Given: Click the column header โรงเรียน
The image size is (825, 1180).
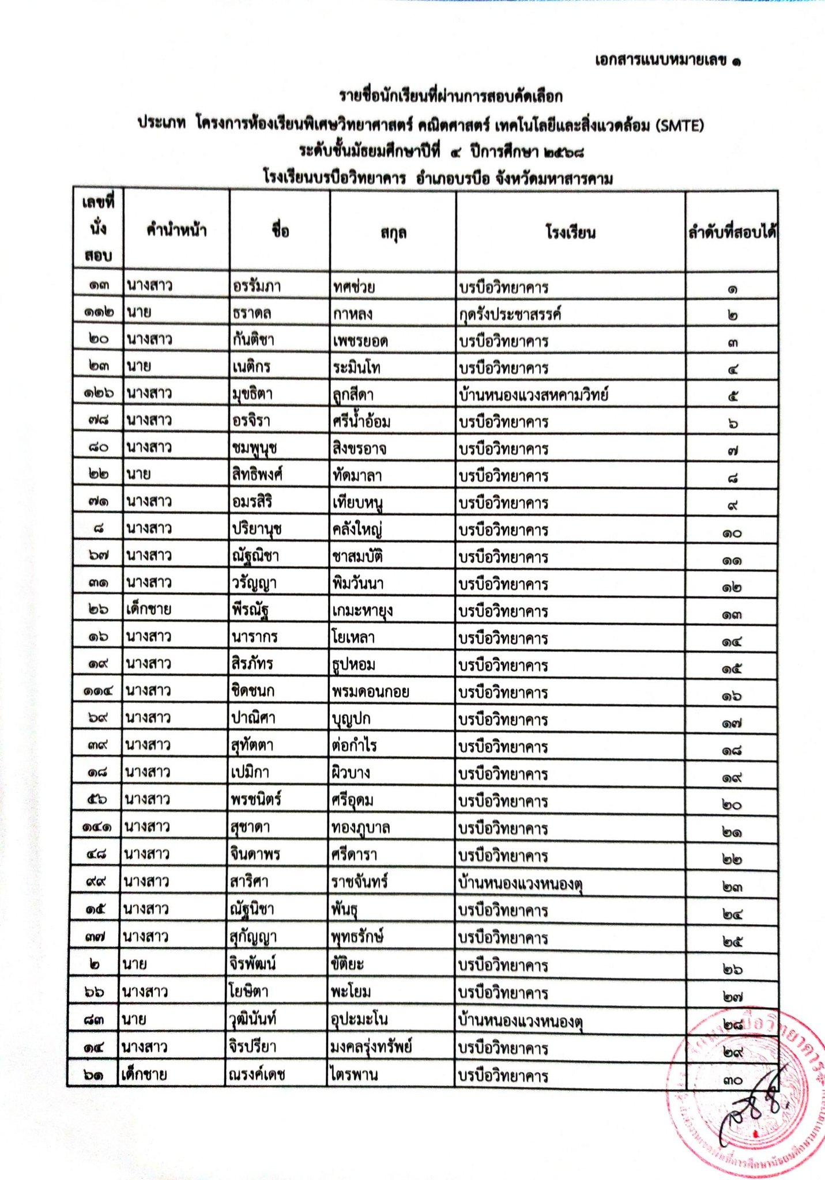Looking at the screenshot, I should click(570, 233).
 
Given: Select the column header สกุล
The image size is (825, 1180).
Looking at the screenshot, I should click(393, 233).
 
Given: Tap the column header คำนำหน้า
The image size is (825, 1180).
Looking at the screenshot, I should click(176, 231).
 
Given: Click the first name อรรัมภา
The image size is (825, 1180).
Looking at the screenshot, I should click(257, 286).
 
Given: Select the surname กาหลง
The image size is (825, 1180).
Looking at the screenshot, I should click(353, 313).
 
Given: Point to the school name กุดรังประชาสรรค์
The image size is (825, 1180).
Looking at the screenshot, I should click(510, 314).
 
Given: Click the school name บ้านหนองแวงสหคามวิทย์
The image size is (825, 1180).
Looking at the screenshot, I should click(534, 395).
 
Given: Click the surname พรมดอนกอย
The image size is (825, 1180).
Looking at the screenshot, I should click(371, 691).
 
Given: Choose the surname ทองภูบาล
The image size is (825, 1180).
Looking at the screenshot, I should click(361, 827).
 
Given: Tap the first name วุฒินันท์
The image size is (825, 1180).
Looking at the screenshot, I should click(253, 1019).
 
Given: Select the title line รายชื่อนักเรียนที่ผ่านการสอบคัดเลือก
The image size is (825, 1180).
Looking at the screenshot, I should click(450, 96).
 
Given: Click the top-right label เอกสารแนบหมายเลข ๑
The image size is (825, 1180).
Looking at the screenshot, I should click(668, 60).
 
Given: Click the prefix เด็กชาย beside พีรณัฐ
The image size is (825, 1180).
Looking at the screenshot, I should click(149, 610).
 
